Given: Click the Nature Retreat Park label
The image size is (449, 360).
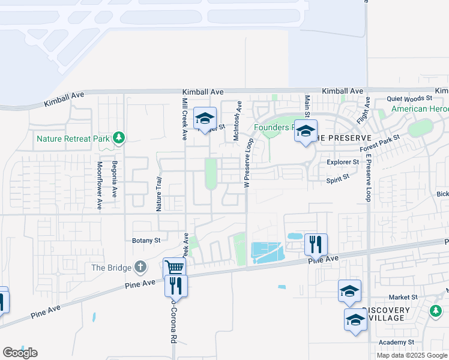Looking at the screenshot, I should (x=73, y=139).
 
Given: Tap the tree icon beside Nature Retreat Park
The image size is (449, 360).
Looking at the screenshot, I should (x=119, y=139).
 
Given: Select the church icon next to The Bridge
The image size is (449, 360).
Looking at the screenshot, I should (x=139, y=266).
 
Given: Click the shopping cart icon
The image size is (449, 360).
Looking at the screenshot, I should (x=174, y=268).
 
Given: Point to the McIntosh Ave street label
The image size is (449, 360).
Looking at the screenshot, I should (x=237, y=121).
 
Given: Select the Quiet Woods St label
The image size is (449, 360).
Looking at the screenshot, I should (x=409, y=98).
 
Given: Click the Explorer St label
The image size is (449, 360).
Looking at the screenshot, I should (x=343, y=162).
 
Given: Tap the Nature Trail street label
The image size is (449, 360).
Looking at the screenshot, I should (x=159, y=194).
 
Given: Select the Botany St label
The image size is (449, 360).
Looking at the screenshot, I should (x=146, y=240).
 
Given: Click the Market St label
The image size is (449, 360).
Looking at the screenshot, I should (x=402, y=297).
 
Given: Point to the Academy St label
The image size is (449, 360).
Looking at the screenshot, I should (x=397, y=342).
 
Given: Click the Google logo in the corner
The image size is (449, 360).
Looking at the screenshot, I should (x=20, y=353).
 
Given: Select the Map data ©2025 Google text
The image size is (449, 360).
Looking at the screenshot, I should (x=411, y=355).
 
